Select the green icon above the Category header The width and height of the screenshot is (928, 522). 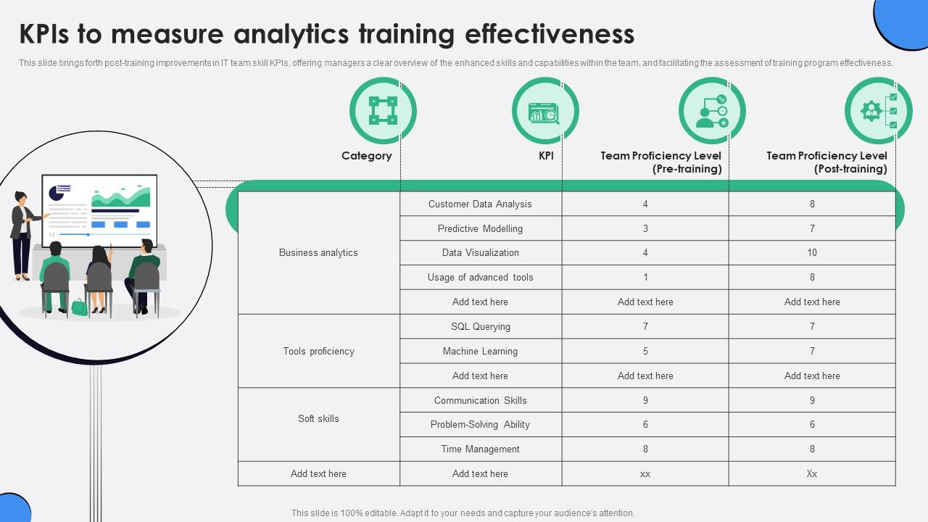point(383,111)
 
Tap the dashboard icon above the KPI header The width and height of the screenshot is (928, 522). point(544,111)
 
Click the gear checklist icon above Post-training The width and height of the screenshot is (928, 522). point(878,111)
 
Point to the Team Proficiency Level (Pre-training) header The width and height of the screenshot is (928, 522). point(660,162)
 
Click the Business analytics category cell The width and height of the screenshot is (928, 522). point(318,253)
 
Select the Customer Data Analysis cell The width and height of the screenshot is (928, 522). point(480,204)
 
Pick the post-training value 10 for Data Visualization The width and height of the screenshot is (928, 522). point(811,253)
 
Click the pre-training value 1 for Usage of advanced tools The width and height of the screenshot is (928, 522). point(645,278)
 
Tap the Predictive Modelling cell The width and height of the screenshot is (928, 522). point(480,229)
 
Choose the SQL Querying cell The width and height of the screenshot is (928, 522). point(480,327)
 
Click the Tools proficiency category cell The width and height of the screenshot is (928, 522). point(318,352)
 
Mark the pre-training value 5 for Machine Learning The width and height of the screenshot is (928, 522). point(645,352)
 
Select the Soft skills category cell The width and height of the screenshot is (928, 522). point(318,419)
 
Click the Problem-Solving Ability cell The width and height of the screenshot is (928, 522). point(480,425)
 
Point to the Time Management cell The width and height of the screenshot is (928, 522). point(480,449)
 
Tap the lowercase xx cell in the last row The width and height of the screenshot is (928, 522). point(645,474)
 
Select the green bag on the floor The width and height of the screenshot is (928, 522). point(79,307)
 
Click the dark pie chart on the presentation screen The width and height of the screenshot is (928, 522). point(56,193)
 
